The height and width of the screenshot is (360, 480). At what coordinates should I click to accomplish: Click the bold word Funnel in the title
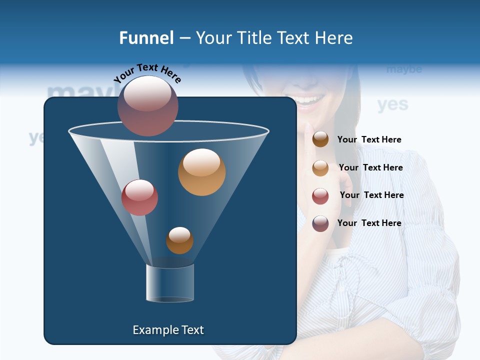click(x=146, y=38)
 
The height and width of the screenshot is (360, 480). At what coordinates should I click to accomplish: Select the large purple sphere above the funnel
click(x=148, y=105)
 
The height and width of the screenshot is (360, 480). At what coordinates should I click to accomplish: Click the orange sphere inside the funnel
click(x=201, y=172)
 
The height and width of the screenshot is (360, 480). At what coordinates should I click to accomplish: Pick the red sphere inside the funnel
click(x=139, y=197)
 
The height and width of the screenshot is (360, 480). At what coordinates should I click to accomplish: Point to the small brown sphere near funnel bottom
click(x=179, y=240)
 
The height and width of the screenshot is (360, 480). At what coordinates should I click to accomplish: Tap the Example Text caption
click(x=168, y=330)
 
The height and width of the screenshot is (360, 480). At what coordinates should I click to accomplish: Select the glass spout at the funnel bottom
click(x=170, y=283)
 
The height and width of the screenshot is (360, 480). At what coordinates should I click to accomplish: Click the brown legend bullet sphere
click(x=320, y=139)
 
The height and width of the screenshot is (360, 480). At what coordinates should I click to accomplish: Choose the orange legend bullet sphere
click(x=320, y=167)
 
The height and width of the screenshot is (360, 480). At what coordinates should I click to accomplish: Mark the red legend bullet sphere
click(x=320, y=195)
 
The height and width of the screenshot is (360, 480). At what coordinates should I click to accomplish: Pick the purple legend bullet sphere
click(x=320, y=223)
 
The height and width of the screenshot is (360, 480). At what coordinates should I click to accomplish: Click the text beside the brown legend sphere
click(x=369, y=139)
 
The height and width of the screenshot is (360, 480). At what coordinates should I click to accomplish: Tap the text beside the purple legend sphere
click(x=369, y=223)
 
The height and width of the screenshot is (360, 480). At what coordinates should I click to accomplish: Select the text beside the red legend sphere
click(x=371, y=195)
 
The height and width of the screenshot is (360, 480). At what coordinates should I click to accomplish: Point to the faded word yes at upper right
click(x=392, y=104)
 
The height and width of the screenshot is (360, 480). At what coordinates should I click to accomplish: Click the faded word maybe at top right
click(x=404, y=69)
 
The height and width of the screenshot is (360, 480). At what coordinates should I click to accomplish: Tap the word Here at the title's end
click(x=334, y=38)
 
